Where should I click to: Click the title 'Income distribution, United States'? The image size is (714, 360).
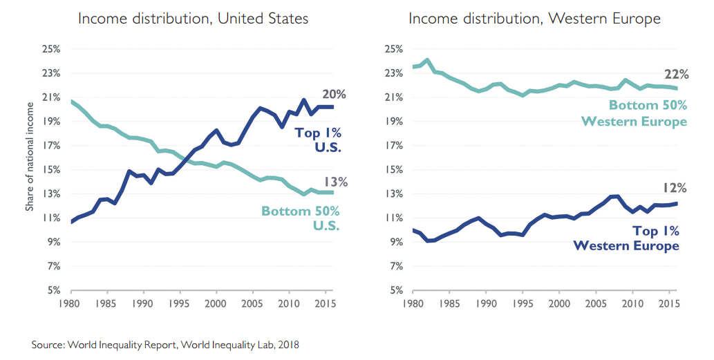coord(193,19)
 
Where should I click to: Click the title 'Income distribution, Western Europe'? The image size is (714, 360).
coord(534,19)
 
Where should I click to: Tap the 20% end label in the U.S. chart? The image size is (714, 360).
coord(333,95)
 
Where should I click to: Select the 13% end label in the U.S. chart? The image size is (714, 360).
coord(334,182)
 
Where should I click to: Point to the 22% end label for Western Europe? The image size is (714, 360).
coord(675,75)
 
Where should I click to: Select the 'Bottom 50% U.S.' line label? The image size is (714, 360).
coord(300,218)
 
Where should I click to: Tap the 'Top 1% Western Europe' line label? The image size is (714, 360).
coord(626,238)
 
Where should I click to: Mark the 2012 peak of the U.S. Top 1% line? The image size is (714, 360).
coord(304,100)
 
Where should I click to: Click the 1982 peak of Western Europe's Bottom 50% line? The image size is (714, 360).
coord(427,60)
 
